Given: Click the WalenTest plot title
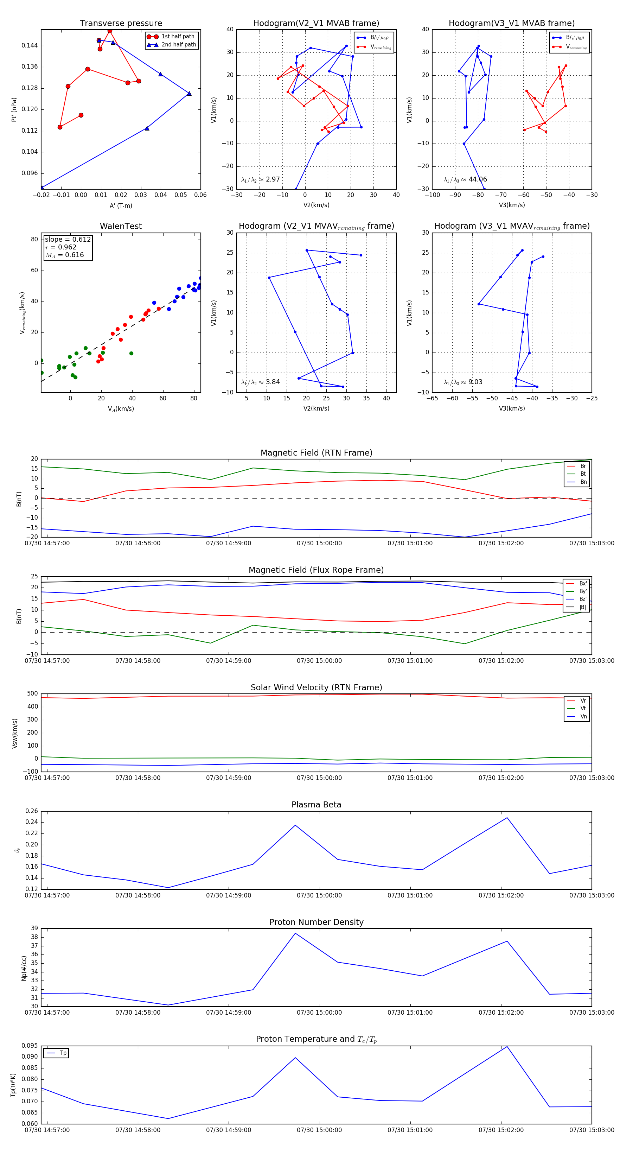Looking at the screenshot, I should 121,226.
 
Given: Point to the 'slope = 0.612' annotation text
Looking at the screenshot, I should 68,239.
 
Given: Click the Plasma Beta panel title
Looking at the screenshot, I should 316,805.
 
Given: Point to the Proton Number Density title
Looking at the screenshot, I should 316,922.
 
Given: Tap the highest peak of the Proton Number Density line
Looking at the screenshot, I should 295,933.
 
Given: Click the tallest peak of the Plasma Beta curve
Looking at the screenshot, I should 507,818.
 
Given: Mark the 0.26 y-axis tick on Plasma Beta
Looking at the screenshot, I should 32,811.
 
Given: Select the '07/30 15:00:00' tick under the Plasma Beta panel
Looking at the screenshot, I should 319,895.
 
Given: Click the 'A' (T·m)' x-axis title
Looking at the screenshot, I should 121,205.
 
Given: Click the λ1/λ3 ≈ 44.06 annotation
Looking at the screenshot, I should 465,179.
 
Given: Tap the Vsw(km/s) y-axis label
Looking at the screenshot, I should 15,733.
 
